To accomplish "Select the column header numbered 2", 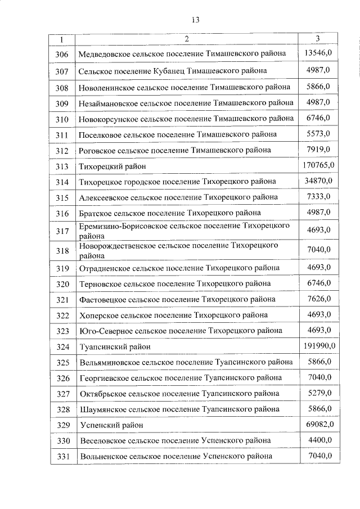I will click(187, 39).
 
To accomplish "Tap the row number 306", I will click(62, 55).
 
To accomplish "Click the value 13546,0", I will click(318, 53).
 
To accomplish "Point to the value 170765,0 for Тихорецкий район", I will click(318, 165).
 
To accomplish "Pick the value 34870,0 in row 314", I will click(318, 181).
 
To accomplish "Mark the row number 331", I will click(62, 456).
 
